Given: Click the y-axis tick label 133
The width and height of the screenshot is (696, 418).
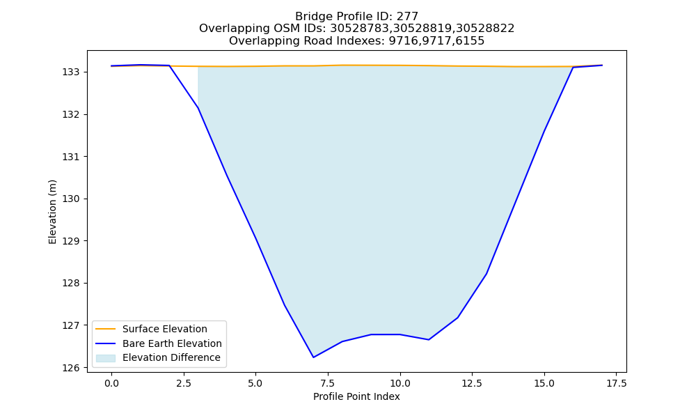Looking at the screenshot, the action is pyautogui.click(x=71, y=72).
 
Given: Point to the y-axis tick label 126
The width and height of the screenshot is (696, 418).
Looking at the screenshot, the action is pyautogui.click(x=71, y=368).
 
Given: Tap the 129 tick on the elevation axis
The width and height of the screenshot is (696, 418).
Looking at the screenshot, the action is pyautogui.click(x=71, y=241).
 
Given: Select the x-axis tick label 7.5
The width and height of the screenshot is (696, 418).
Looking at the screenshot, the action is pyautogui.click(x=328, y=383).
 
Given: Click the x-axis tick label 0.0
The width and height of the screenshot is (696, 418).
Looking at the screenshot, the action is pyautogui.click(x=111, y=383).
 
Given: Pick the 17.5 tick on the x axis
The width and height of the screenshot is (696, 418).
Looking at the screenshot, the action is pyautogui.click(x=617, y=383).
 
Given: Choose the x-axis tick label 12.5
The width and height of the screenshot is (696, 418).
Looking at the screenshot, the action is pyautogui.click(x=473, y=383).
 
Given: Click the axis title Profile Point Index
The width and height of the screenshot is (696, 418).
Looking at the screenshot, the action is pyautogui.click(x=356, y=396).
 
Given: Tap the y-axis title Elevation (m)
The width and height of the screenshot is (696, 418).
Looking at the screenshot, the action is pyautogui.click(x=53, y=212).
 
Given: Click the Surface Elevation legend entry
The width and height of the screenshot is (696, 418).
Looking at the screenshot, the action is pyautogui.click(x=165, y=329).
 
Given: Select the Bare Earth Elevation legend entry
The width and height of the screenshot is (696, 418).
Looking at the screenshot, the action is pyautogui.click(x=172, y=343).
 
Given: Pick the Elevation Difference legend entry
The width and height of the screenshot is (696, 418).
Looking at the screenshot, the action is pyautogui.click(x=171, y=357).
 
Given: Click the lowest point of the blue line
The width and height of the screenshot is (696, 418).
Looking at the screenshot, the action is pyautogui.click(x=313, y=357).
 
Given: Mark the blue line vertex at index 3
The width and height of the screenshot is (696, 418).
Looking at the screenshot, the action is pyautogui.click(x=198, y=108).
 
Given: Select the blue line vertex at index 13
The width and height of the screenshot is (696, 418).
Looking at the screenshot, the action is pyautogui.click(x=487, y=274).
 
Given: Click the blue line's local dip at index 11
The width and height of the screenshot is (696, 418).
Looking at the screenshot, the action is pyautogui.click(x=429, y=340).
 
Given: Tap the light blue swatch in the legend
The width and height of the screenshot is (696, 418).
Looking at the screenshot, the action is pyautogui.click(x=106, y=358).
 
